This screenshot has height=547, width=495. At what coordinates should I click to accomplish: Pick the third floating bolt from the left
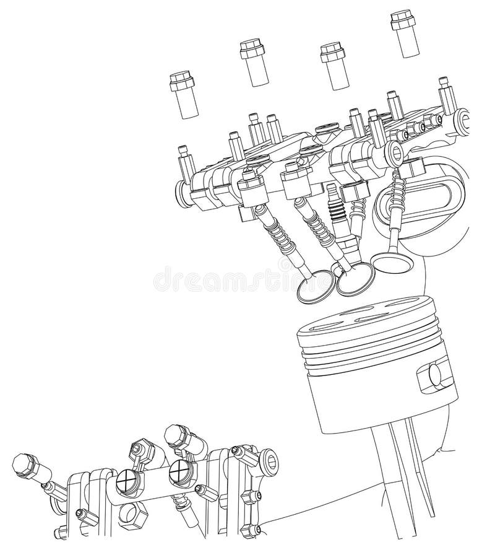(335, 64)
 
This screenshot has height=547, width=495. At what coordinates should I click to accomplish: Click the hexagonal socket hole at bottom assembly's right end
(272, 461)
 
